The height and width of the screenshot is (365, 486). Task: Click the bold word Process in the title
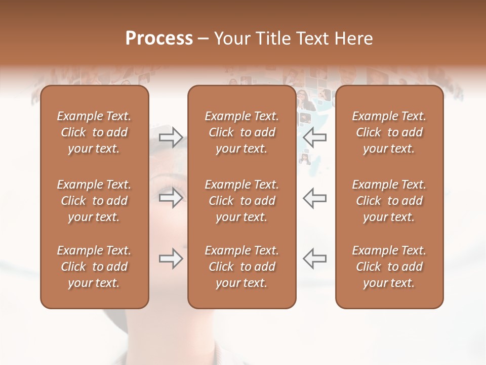click(159, 39)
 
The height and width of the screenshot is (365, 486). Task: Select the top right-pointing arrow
click(171, 137)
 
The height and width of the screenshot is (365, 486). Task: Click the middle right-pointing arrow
click(171, 198)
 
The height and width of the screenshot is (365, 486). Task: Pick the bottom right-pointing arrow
click(171, 259)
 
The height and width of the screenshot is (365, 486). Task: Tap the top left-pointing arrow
click(315, 137)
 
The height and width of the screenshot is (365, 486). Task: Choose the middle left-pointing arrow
click(315, 198)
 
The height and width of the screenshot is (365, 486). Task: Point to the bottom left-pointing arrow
click(315, 259)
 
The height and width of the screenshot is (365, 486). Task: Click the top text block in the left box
click(94, 132)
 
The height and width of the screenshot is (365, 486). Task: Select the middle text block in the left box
click(94, 201)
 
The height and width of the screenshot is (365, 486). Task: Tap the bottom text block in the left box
click(94, 267)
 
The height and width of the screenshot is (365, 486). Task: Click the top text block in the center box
click(242, 132)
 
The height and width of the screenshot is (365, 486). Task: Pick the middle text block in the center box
click(242, 201)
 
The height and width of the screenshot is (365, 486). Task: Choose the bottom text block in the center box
click(242, 267)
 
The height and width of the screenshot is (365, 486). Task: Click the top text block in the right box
click(389, 132)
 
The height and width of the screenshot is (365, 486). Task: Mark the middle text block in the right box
click(389, 201)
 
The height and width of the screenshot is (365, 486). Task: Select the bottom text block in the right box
click(389, 267)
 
